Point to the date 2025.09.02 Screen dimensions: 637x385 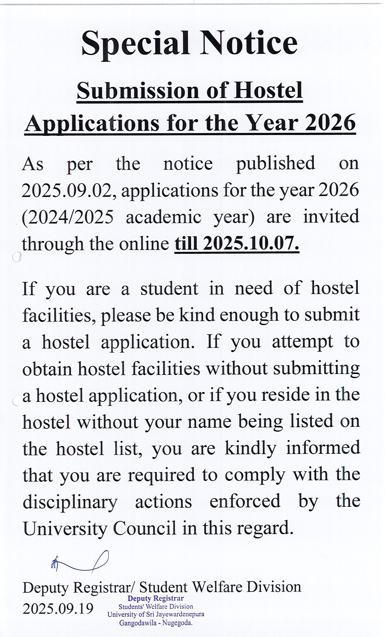(68, 191)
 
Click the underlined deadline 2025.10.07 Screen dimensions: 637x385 (251, 244)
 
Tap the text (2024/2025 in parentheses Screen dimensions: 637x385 (68, 217)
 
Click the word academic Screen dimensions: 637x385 (164, 217)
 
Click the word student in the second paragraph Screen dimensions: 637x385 (169, 288)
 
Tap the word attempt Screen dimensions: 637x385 (302, 342)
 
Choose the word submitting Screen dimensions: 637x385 (316, 369)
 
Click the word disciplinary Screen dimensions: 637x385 (70, 502)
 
